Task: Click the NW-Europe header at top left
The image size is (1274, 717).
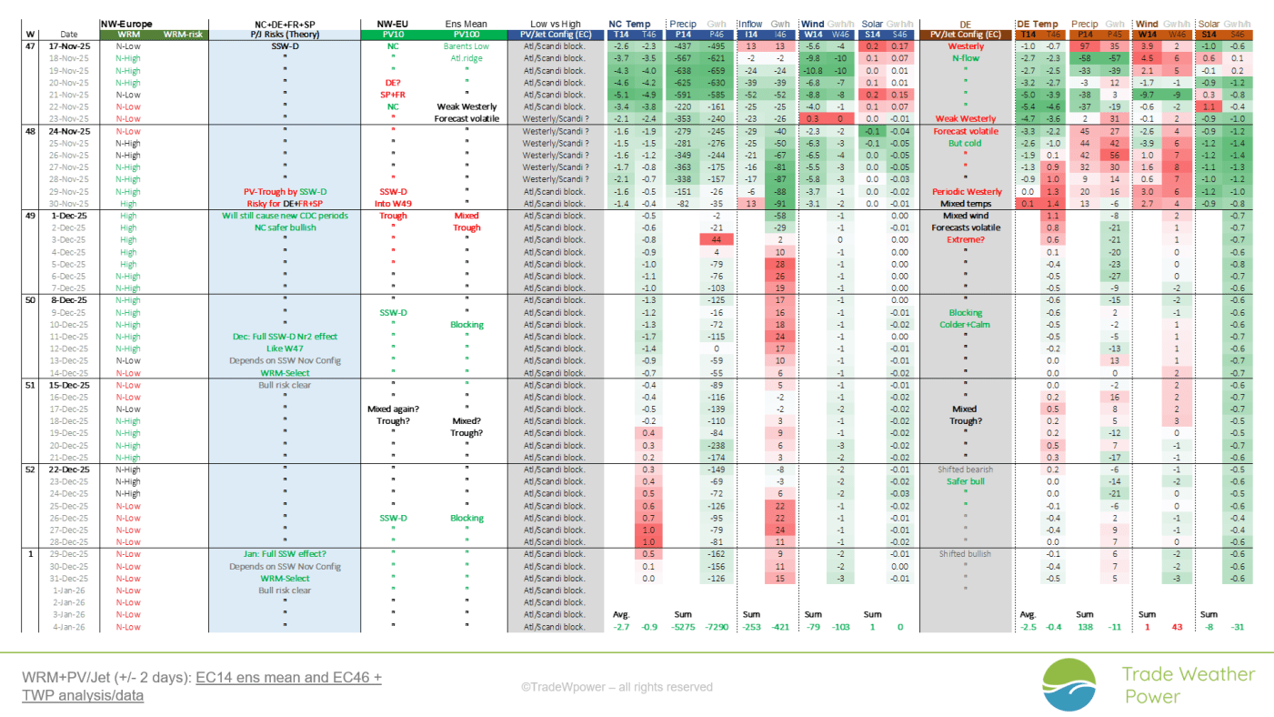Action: (126, 24)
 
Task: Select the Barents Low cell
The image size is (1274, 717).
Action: (467, 45)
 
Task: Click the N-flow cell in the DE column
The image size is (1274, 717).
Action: (965, 58)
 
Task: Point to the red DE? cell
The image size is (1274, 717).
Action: (393, 82)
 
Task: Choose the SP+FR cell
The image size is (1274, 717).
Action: (393, 95)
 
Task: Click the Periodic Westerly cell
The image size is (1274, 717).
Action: (965, 191)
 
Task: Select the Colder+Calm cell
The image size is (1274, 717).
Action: (965, 325)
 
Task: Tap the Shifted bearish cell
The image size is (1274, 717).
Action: (965, 470)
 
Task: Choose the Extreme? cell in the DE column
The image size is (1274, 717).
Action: (965, 240)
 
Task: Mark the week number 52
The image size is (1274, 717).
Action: (30, 470)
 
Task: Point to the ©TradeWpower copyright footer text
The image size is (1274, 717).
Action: (616, 687)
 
